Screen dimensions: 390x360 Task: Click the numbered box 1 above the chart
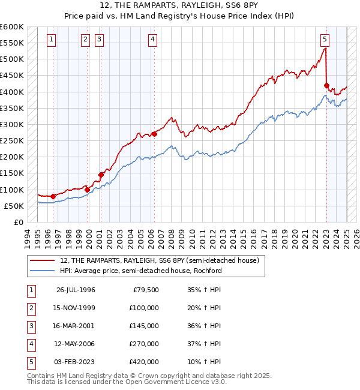(52, 40)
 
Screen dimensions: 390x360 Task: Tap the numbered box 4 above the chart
(153, 40)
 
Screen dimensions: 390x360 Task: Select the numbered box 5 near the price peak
(325, 40)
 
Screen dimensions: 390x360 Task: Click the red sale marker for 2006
(154, 134)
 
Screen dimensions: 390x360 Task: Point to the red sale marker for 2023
(327, 85)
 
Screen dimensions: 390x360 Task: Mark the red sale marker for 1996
(53, 196)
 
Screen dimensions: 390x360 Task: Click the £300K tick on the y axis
(12, 124)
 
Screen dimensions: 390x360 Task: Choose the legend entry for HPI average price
(141, 271)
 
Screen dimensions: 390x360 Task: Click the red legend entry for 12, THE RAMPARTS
(159, 260)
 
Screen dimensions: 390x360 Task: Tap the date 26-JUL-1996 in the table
(76, 290)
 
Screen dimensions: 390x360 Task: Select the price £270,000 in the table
(144, 345)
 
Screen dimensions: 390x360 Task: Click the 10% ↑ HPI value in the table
(204, 362)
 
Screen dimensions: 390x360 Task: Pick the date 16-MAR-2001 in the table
(75, 326)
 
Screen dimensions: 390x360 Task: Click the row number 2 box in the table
(31, 308)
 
